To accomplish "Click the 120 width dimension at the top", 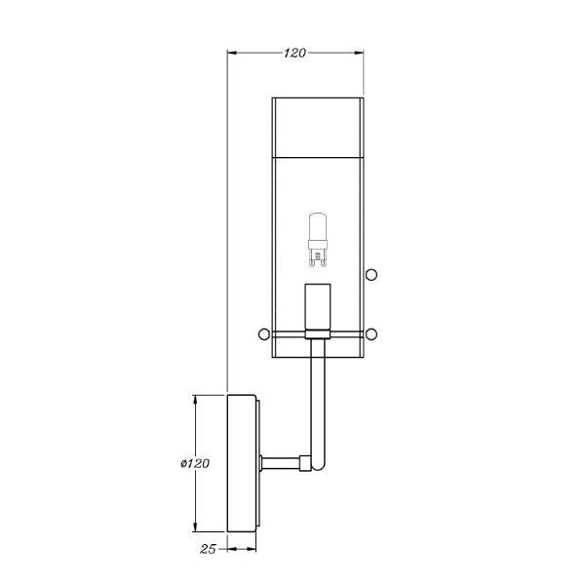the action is [294, 53].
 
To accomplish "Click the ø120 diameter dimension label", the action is [195, 463].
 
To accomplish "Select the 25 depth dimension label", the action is [208, 549].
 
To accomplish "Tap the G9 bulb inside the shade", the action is [318, 240].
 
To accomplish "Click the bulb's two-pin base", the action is [318, 258].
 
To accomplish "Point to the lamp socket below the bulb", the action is [318, 307].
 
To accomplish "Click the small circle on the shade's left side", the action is [264, 333].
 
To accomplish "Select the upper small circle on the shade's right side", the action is [371, 275].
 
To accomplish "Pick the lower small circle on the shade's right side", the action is [371, 333].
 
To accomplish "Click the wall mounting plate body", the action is [242, 463].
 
